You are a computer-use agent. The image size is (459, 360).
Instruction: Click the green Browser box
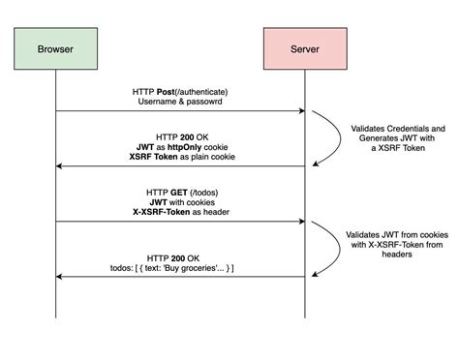(55, 47)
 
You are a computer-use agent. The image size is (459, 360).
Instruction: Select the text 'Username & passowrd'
(180, 102)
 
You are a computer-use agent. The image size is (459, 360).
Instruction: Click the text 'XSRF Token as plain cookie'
(180, 158)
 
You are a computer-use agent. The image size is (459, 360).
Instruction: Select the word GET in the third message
(178, 192)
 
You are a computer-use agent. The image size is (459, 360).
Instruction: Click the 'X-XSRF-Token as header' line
(180, 213)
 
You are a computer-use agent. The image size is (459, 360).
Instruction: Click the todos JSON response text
(182, 267)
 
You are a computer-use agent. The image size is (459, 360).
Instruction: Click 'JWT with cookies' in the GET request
(180, 202)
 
